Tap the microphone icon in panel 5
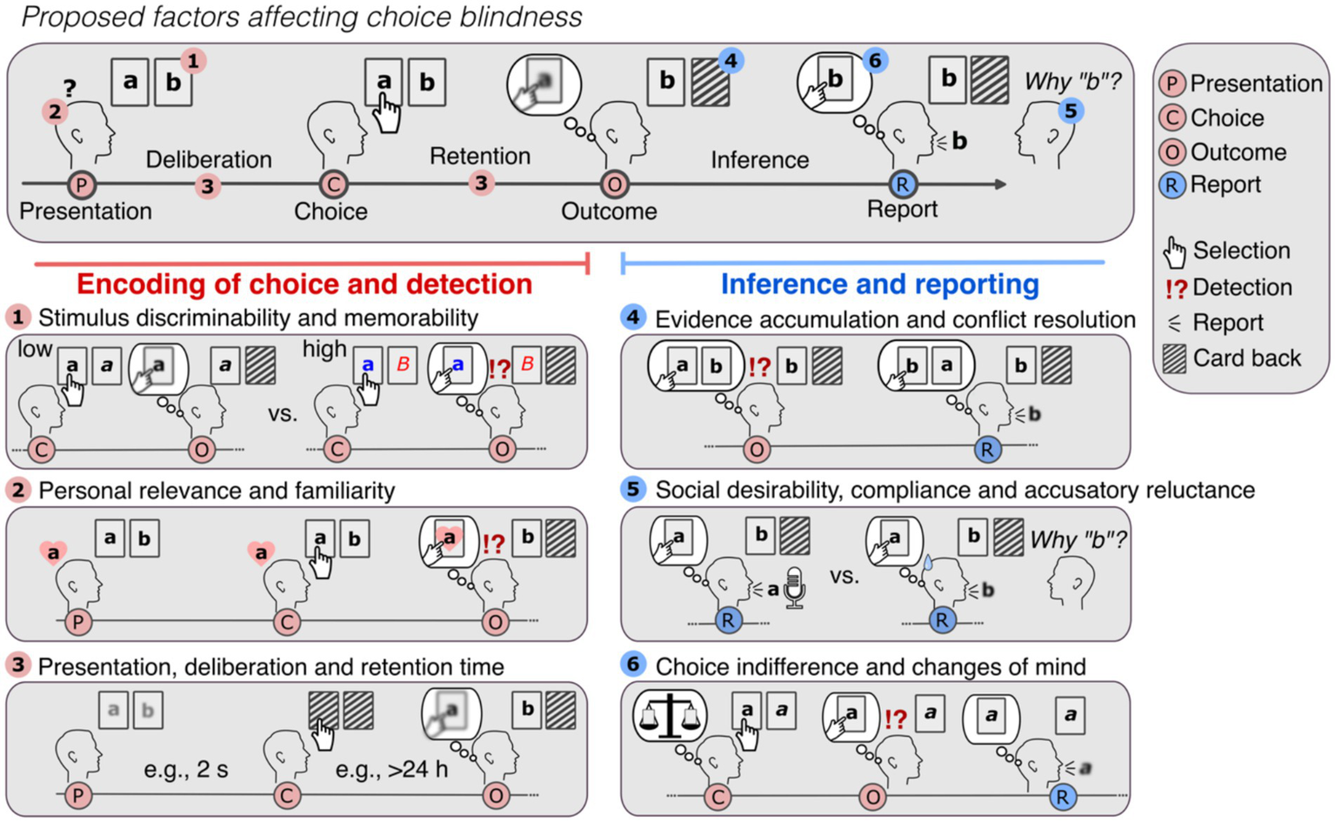point(793,587)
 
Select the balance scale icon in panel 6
point(669,716)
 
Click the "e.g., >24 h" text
point(391,770)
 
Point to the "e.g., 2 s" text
point(186,770)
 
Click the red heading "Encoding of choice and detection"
point(304,284)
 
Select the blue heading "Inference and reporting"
point(879,284)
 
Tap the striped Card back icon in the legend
point(1175,358)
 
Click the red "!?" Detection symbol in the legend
point(1175,288)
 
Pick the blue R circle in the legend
point(1172,185)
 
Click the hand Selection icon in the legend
point(1174,251)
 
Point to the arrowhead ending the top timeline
point(1001,184)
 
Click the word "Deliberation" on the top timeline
point(208,160)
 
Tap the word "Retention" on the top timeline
point(479,157)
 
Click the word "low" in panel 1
point(35,350)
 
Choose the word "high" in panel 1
point(324,350)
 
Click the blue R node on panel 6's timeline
point(1062,797)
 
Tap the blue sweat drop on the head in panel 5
point(928,564)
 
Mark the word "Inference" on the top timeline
point(759,160)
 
